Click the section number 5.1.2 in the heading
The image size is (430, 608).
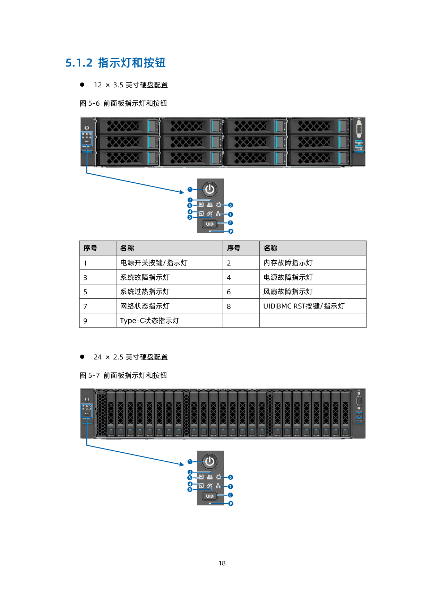coord(79,63)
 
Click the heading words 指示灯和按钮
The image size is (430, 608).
coord(131,63)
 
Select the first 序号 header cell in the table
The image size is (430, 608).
coord(91,248)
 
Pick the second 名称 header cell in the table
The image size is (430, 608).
coord(270,248)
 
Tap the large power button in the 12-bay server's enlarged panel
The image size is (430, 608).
coord(210,189)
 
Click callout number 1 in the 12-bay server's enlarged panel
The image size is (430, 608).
coord(190,189)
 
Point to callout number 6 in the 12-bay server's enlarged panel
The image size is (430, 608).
coord(231,205)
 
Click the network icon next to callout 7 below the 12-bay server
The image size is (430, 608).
coord(218,214)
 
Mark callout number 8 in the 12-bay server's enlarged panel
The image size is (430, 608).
coord(231,223)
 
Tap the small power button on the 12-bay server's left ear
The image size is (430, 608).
coord(87,128)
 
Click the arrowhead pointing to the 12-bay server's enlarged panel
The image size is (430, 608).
coord(181,192)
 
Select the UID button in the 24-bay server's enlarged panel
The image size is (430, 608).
coord(210,496)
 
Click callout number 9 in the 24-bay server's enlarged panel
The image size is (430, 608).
coord(231,503)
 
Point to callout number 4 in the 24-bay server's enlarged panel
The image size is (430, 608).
coord(190,484)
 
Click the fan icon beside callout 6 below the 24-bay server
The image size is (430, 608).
coord(218,477)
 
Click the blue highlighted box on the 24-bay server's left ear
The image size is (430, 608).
coord(87,410)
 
